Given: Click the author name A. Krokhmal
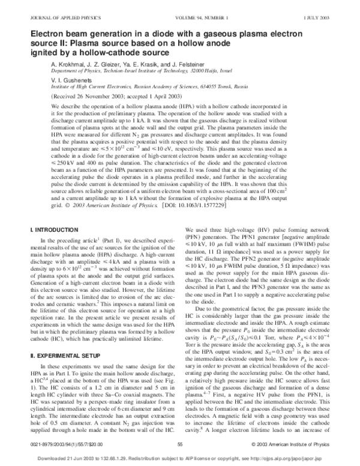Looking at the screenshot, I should point(73,64).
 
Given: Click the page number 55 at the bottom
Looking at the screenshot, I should point(180,444).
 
